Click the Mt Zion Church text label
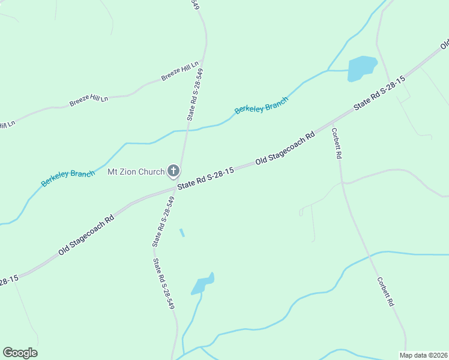coord(136,172)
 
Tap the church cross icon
coord(173,172)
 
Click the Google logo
coord(20,353)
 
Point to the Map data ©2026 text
coord(423,355)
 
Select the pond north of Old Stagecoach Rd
coord(361,67)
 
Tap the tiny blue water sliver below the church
coord(182,233)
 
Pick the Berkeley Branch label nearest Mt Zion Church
coord(68,178)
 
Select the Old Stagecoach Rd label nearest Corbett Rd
coord(285,149)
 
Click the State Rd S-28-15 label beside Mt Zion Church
coord(205,178)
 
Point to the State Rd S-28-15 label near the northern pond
coord(379,92)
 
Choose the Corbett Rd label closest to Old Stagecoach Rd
coord(337,143)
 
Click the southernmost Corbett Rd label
coord(385,292)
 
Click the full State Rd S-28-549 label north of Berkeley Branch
coord(194,95)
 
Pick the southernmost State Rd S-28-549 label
coord(163,283)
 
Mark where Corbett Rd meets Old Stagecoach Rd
coord(332,127)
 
